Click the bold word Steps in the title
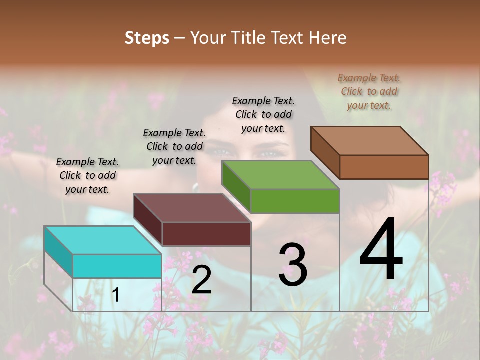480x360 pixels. (x=146, y=38)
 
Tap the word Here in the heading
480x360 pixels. (x=328, y=38)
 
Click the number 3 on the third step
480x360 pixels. (x=293, y=265)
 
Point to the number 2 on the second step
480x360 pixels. (x=201, y=280)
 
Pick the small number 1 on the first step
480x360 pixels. (x=116, y=295)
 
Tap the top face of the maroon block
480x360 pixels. (x=192, y=208)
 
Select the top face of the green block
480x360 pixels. (x=281, y=175)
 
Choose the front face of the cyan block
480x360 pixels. (x=117, y=266)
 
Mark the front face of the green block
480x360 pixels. (x=295, y=201)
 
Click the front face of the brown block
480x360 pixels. (x=384, y=167)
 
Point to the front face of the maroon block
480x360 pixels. (x=206, y=234)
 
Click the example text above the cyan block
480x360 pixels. (x=87, y=175)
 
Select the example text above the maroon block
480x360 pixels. (x=174, y=146)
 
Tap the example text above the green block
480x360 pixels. (x=263, y=114)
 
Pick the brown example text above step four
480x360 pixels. (x=369, y=91)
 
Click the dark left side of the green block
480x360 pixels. (x=235, y=186)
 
